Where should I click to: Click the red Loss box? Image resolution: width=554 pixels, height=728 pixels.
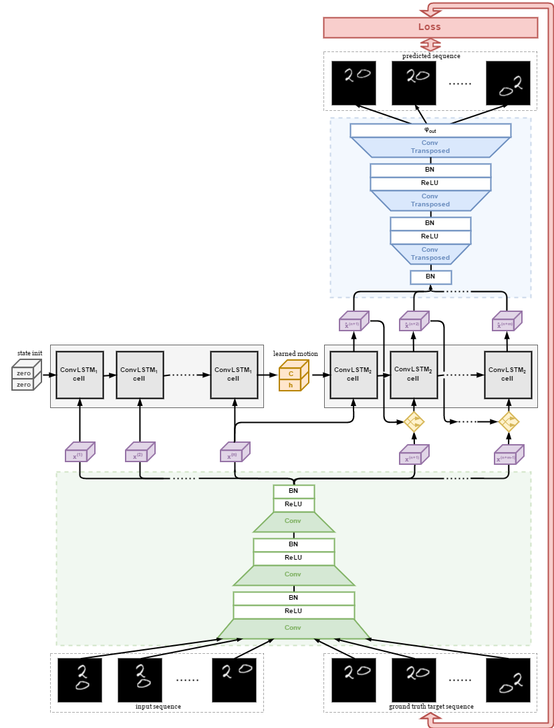click(430, 27)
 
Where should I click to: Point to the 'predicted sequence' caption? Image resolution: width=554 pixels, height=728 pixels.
click(431, 56)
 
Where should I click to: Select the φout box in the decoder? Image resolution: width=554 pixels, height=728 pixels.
click(430, 130)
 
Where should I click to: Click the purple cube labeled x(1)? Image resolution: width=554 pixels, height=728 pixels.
click(80, 453)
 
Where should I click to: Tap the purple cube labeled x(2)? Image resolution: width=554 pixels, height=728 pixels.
click(140, 453)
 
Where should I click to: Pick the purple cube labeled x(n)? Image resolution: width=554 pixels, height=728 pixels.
click(235, 453)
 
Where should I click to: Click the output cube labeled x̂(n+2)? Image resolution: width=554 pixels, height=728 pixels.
click(414, 323)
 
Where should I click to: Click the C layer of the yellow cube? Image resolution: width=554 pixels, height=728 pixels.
click(291, 374)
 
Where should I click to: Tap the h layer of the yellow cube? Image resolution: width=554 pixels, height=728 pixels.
click(291, 385)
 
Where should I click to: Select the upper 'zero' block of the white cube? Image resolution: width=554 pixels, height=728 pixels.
click(24, 373)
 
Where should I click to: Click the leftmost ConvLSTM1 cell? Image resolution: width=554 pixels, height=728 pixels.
click(80, 375)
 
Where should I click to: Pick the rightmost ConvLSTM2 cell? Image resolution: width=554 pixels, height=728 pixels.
click(508, 375)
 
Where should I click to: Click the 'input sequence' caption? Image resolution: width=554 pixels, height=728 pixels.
click(158, 706)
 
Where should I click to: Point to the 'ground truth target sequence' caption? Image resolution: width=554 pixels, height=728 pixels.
click(431, 706)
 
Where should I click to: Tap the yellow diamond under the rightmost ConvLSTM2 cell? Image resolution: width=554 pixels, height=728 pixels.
click(509, 421)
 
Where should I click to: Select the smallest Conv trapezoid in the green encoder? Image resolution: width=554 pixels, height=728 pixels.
click(293, 521)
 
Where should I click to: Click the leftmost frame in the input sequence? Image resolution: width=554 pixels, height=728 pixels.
click(80, 680)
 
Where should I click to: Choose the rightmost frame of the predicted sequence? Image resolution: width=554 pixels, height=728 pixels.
click(508, 83)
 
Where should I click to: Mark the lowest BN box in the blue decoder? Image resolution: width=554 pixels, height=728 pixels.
click(430, 277)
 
